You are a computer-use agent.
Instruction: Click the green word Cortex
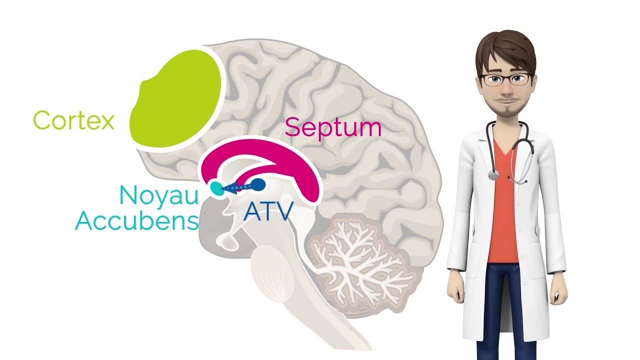[x=73, y=120]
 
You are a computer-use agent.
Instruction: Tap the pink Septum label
[x=333, y=128]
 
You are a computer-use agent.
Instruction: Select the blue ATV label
[x=268, y=211]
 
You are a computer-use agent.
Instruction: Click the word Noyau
[x=159, y=195]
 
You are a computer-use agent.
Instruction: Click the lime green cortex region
[x=175, y=98]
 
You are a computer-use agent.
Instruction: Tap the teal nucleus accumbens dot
[x=217, y=188]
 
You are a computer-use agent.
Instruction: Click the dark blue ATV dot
[x=258, y=185]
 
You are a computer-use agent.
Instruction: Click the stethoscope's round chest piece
[x=493, y=175]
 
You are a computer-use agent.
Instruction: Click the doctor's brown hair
[x=505, y=51]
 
